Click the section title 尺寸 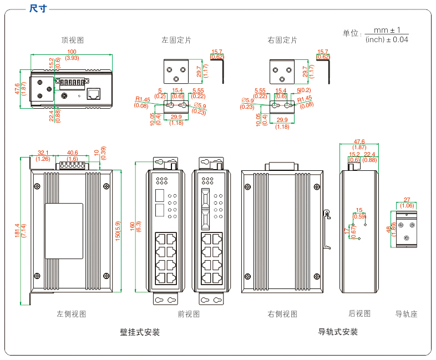38,8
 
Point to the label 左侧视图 72,314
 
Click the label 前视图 189,314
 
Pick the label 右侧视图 282,314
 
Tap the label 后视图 359,313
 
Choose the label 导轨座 406,314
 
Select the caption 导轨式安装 338,332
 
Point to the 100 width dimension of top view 72,52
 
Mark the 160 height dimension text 133,226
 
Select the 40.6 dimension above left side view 72,153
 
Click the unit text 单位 352,33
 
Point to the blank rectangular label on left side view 64,230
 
